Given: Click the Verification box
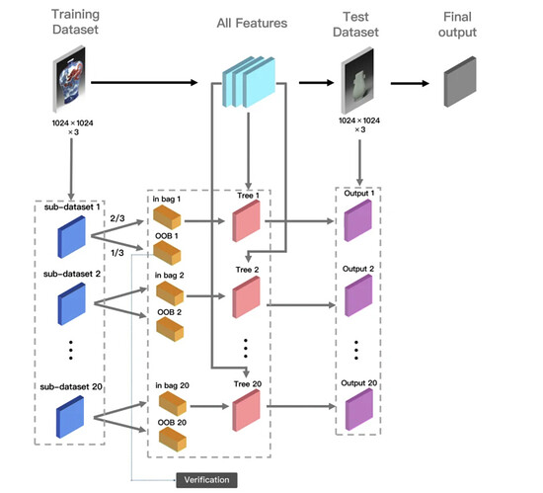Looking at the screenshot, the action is (x=206, y=480).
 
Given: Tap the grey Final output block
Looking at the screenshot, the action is (x=460, y=82).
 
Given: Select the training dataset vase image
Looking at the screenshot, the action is (x=69, y=79).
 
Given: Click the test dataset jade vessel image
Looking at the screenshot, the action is (x=357, y=80).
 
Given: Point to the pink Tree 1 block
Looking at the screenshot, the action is (x=246, y=220).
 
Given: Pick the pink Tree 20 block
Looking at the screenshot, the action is (x=246, y=410).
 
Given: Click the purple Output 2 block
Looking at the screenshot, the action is (x=358, y=295).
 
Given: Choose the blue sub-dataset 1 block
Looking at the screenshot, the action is (x=71, y=237).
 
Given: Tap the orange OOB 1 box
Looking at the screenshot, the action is (x=167, y=253).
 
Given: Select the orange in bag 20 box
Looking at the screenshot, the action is (x=173, y=404).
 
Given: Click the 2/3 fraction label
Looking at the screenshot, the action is (x=117, y=218).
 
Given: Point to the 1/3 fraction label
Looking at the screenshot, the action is (x=117, y=253).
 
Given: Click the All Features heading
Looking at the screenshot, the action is (x=252, y=23).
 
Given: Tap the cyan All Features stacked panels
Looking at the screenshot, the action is (x=249, y=82).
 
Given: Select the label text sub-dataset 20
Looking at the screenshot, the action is (x=71, y=386).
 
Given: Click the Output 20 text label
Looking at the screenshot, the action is (x=359, y=382).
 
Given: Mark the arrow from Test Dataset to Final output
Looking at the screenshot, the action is (x=410, y=83).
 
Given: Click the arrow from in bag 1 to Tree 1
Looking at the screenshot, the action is (x=204, y=220).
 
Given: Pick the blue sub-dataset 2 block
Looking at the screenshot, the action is (x=72, y=304).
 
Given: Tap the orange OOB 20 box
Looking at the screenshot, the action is (x=173, y=440).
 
